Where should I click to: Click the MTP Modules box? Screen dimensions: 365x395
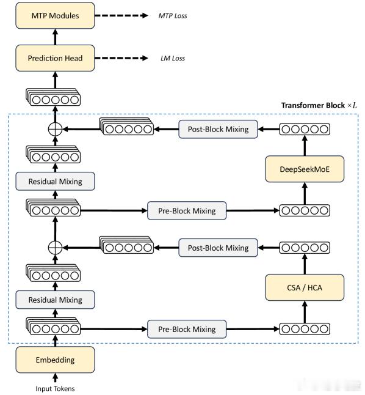coord(55,16)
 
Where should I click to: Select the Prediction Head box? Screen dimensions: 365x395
coord(55,58)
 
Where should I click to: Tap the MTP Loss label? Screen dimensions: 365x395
coord(173,16)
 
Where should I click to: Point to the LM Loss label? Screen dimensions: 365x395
coord(173,59)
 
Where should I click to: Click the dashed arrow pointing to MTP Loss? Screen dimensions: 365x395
coord(121,16)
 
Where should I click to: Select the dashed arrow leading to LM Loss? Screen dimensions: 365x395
coord(121,58)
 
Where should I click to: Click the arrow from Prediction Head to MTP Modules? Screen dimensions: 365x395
coord(56,37)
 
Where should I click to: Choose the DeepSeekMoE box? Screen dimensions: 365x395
coord(305,169)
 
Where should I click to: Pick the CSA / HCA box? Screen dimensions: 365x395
coord(305,287)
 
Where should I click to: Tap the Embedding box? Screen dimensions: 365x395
coord(55,360)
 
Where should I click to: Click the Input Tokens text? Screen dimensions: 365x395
coord(55,389)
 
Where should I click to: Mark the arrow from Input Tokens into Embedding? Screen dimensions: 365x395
coord(56,378)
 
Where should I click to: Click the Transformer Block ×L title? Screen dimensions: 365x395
coord(319,105)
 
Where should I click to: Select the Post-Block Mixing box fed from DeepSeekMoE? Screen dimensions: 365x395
coord(218,129)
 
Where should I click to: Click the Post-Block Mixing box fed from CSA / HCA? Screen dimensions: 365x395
coord(218,248)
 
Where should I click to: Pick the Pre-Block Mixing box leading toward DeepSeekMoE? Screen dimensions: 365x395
coord(187,210)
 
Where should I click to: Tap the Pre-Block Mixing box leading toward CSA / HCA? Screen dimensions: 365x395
coord(187,329)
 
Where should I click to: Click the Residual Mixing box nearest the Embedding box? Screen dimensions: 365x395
coord(55,300)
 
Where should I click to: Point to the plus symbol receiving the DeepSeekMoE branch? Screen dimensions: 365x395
coord(55,129)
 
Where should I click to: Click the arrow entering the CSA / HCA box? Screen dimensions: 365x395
coord(305,312)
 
